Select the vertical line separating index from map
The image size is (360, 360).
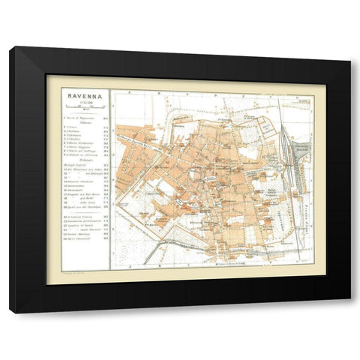coord(110,180)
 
